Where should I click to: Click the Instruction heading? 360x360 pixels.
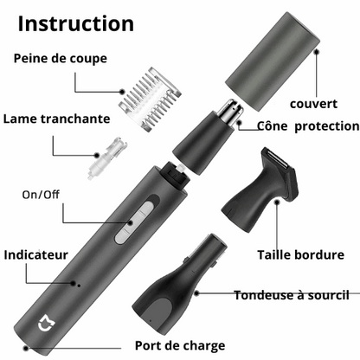[x=75, y=23]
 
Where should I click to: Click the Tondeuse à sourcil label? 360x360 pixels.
[x=292, y=295]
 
